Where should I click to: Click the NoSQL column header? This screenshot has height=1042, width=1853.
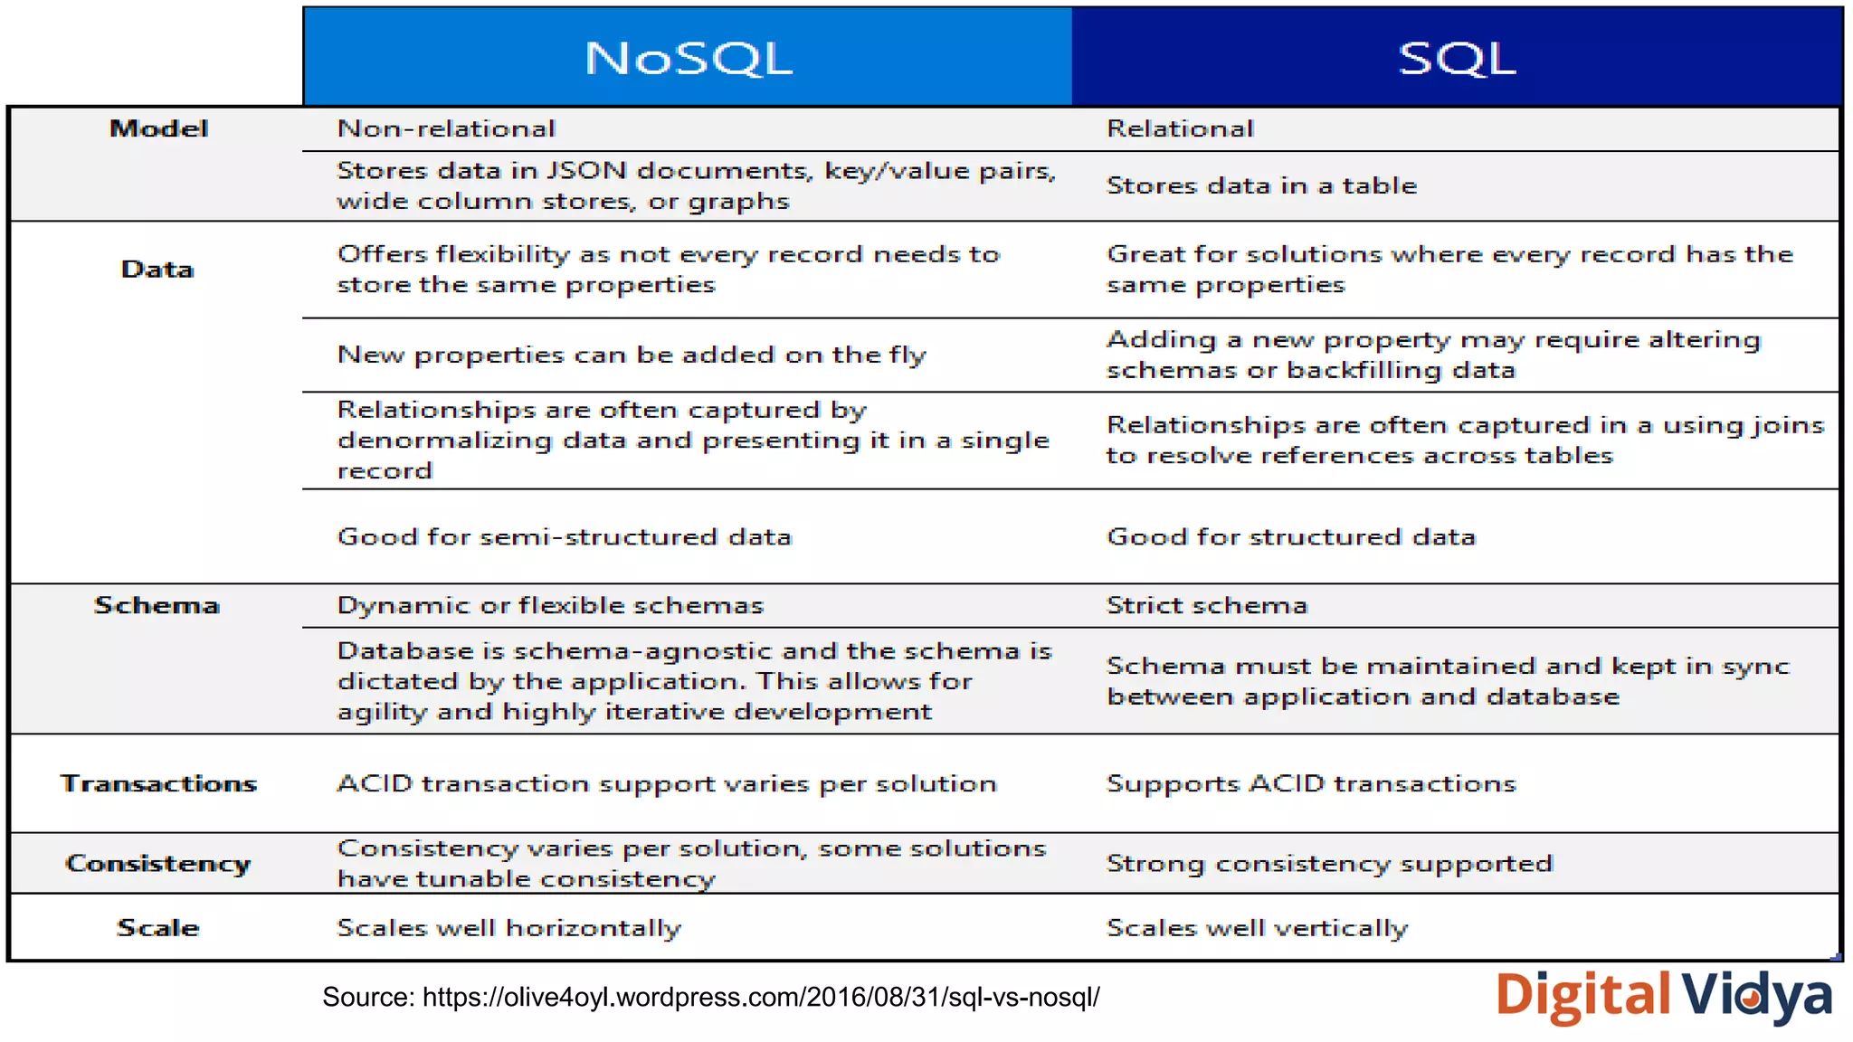[688, 58]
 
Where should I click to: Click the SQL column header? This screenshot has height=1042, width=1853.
[1457, 58]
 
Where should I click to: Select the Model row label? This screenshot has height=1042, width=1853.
[158, 128]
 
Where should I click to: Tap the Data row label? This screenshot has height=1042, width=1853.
[157, 269]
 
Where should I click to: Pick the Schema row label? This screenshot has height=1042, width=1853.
[157, 605]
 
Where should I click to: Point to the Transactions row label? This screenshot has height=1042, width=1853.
[158, 783]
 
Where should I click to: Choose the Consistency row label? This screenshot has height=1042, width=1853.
[158, 864]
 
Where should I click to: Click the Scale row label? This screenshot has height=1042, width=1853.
[157, 928]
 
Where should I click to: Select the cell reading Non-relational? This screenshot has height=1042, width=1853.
[446, 128]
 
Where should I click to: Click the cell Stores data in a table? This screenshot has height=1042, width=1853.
[1261, 185]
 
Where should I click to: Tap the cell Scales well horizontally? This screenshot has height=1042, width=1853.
[508, 928]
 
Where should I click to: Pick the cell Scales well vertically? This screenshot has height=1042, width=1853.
[1257, 928]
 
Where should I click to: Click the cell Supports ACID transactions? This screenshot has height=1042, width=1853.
[1311, 783]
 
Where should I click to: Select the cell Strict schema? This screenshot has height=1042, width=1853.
[1207, 605]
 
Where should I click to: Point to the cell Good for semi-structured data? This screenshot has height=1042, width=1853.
[565, 537]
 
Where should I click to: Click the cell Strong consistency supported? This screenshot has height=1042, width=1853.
[1329, 864]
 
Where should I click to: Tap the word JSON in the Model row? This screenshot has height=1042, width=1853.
[586, 170]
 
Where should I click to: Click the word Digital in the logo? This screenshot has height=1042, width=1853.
[1583, 995]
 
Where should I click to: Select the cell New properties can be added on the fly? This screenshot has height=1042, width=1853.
[632, 355]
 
